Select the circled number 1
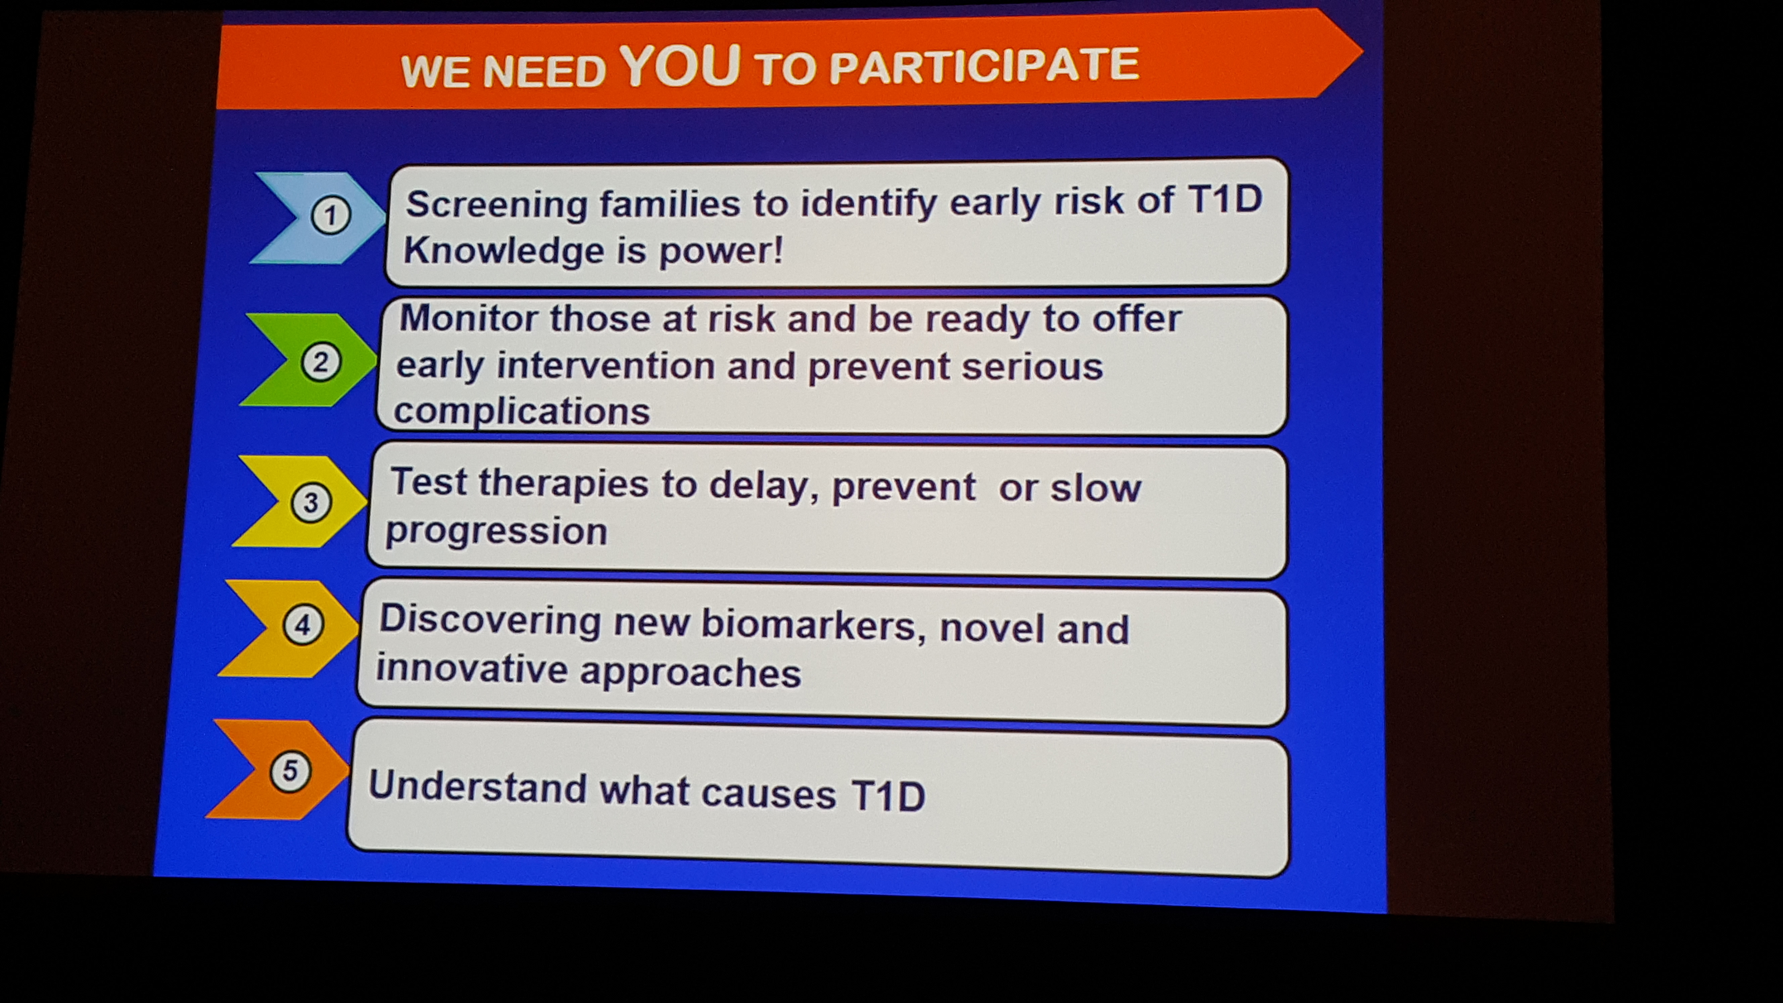tap(330, 216)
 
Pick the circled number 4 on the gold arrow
tap(302, 625)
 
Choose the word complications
tap(522, 412)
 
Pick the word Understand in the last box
tap(478, 788)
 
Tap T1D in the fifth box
tap(888, 795)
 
